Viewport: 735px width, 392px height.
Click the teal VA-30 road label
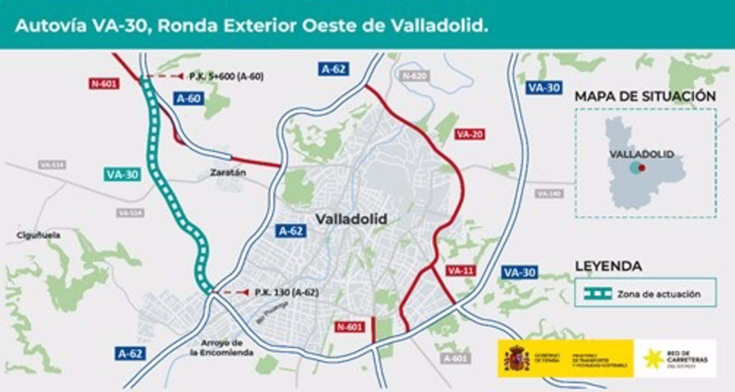pos(122,174)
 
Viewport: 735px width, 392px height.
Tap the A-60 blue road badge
pos(188,99)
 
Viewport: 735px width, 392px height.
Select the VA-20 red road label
pos(470,134)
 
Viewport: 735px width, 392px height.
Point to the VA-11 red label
pos(461,271)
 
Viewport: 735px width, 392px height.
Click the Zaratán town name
pos(228,172)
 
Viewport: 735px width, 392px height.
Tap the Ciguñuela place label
pos(38,235)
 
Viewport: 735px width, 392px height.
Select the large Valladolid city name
pos(351,219)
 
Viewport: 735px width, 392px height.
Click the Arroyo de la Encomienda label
pos(222,348)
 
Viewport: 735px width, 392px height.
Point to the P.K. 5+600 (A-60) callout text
pos(226,77)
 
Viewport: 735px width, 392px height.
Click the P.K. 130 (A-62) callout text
pos(287,292)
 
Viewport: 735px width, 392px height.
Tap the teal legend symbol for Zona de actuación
pos(598,294)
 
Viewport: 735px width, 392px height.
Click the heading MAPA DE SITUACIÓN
pos(645,96)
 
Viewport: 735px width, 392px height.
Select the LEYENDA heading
pos(608,266)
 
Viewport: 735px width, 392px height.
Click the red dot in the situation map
pos(642,168)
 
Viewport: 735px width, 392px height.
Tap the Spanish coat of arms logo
pos(516,358)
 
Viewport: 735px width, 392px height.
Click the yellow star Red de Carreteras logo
pos(653,359)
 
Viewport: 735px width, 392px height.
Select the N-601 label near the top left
pos(104,84)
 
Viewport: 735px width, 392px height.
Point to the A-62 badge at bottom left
pos(130,353)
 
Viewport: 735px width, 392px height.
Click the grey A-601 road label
pos(455,358)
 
